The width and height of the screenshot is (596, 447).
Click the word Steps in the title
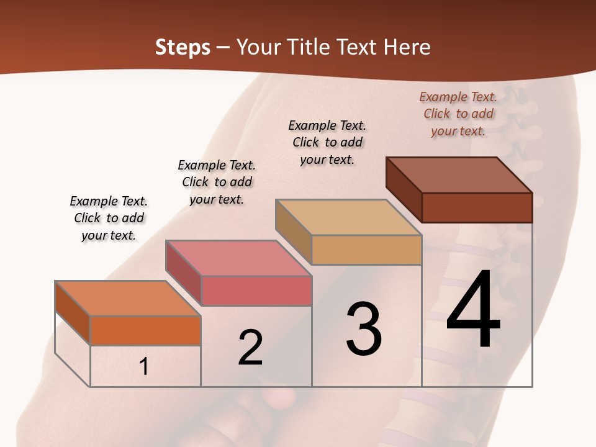183,47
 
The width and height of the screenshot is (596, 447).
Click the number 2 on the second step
250,348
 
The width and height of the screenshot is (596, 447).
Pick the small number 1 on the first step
144,367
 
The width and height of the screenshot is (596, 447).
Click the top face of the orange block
127,299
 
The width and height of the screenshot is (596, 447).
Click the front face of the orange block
145,330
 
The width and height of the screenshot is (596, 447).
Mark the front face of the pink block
256,291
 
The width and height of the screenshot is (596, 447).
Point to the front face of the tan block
366,250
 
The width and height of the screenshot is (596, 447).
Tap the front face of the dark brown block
477,207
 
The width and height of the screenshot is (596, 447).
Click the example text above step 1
109,218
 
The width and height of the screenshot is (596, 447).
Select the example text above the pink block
217,182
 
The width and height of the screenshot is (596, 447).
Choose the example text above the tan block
327,142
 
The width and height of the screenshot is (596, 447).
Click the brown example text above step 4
458,114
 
